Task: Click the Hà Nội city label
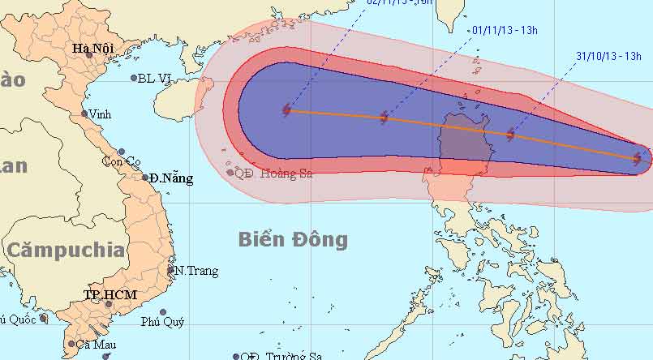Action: pyautogui.click(x=92, y=49)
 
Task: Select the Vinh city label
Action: pyautogui.click(x=101, y=114)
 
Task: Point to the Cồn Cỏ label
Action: pyautogui.click(x=121, y=161)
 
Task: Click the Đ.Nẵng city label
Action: pyautogui.click(x=173, y=178)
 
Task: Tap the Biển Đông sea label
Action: pyautogui.click(x=293, y=239)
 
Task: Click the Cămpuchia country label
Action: pyautogui.click(x=67, y=249)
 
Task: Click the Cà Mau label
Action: pyautogui.click(x=97, y=345)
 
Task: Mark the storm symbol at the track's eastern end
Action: pyautogui.click(x=638, y=160)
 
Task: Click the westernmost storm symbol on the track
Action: pyautogui.click(x=287, y=110)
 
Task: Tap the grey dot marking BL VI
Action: pyautogui.click(x=134, y=78)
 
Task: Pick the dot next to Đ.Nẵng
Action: pyautogui.click(x=145, y=177)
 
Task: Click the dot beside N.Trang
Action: pyautogui.click(x=171, y=271)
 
